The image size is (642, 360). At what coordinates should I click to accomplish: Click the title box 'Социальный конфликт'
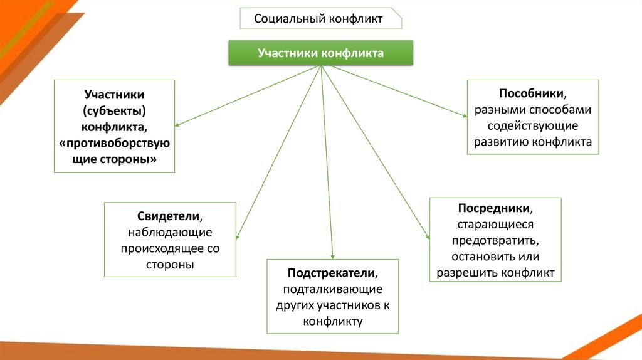pyautogui.click(x=320, y=18)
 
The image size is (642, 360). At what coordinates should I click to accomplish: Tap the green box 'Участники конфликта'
pyautogui.click(x=320, y=53)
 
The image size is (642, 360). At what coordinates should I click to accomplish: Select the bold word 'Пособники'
pyautogui.click(x=532, y=93)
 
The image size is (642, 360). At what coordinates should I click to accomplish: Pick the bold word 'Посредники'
pyautogui.click(x=495, y=208)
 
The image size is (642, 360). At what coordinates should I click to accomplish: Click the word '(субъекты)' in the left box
pyautogui.click(x=114, y=111)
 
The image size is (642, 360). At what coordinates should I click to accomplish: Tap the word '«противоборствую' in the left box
pyautogui.click(x=114, y=144)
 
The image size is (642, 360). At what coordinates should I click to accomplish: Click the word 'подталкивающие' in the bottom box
pyautogui.click(x=332, y=290)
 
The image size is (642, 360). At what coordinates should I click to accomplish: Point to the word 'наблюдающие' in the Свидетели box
pyautogui.click(x=170, y=233)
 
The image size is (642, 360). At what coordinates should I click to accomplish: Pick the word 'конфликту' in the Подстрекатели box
pyautogui.click(x=332, y=322)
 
